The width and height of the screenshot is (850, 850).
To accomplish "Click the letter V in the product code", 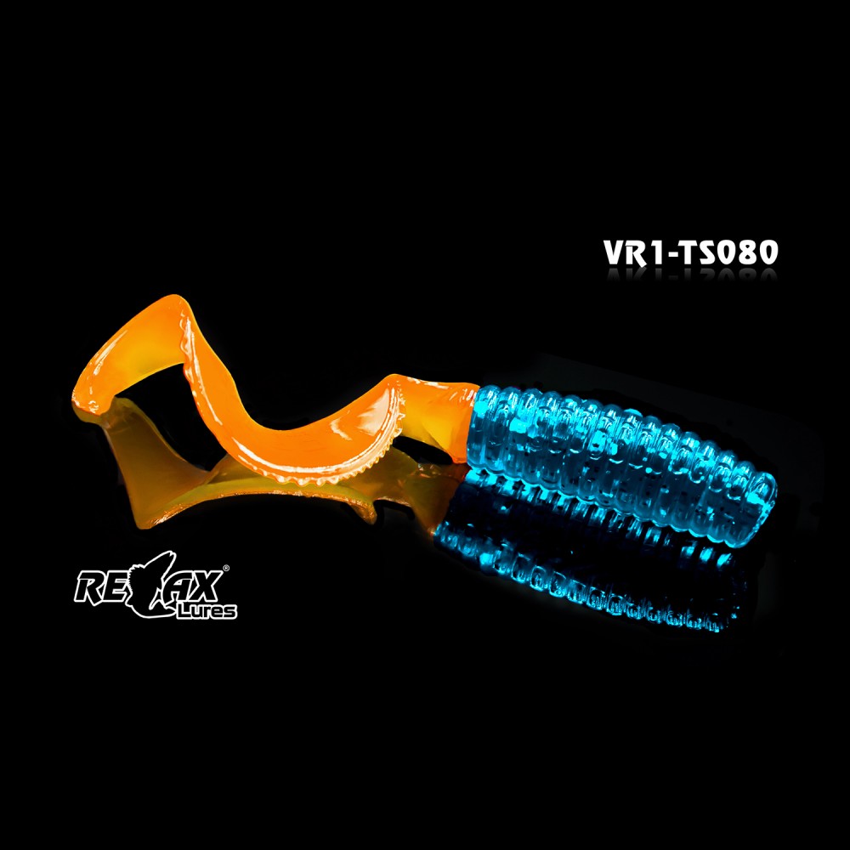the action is tap(615, 252).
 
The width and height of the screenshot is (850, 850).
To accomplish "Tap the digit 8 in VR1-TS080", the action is tap(746, 252).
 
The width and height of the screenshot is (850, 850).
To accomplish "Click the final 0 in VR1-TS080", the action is tap(768, 252).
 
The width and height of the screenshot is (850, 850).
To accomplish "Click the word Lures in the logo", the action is tap(207, 611).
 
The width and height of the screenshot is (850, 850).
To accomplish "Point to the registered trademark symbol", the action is tap(226, 568).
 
